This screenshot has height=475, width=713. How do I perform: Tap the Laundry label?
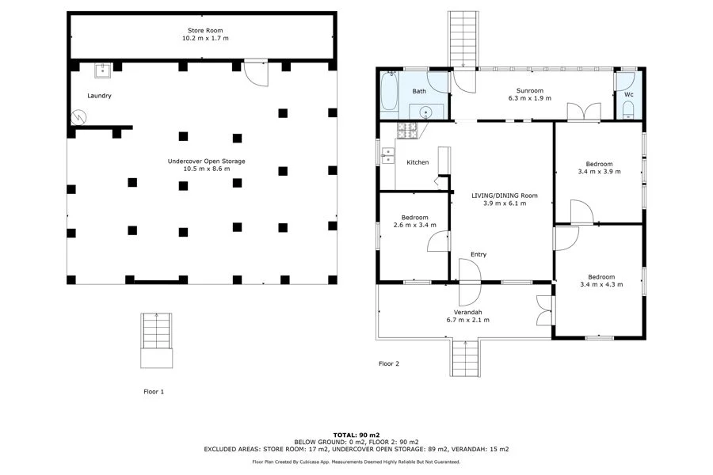tap(99, 96)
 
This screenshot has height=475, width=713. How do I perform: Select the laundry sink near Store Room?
tap(102, 71)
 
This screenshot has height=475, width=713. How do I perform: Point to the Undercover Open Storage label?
tap(206, 161)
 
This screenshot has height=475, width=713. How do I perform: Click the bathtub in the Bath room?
tap(389, 93)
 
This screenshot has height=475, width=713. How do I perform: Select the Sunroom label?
tap(528, 91)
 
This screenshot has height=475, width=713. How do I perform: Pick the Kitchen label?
tap(418, 162)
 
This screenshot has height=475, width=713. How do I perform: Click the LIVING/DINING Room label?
tap(505, 195)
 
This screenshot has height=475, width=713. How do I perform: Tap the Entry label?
tap(479, 254)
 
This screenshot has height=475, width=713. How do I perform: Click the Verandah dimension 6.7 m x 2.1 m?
tap(467, 320)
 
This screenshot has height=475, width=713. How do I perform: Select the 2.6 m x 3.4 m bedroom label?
tap(414, 225)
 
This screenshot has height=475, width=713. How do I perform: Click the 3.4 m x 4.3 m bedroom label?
tap(601, 284)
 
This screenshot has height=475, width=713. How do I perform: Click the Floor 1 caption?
tap(153, 391)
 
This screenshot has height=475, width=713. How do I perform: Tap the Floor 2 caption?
tap(388, 363)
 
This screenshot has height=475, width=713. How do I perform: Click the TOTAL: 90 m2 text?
tap(356, 435)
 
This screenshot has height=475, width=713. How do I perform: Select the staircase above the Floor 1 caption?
tap(156, 340)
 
